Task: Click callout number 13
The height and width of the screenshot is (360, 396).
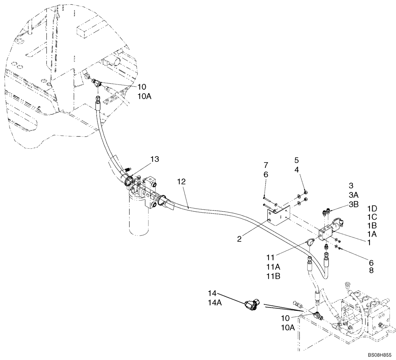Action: [x=155, y=159]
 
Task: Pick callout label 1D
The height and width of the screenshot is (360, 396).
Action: [x=371, y=208]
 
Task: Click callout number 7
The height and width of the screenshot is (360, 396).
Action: [x=266, y=164]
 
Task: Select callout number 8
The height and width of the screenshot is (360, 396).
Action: [x=371, y=271]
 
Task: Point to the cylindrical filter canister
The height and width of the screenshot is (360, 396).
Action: [x=136, y=216]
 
